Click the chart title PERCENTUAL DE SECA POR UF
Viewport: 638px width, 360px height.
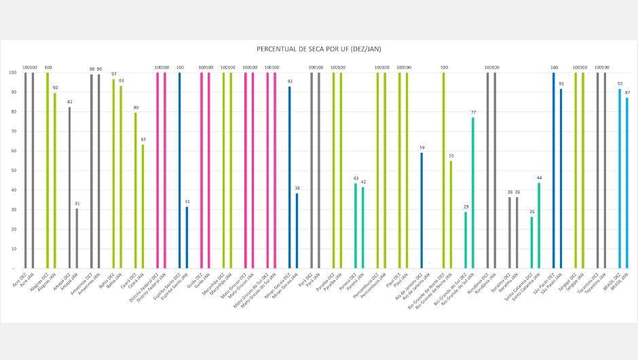(x=318, y=49)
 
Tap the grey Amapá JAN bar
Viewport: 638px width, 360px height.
(x=77, y=238)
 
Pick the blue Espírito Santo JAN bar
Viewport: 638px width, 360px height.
(x=187, y=237)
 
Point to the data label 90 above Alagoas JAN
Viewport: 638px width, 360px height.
(x=55, y=88)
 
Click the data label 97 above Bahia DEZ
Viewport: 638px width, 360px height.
(x=113, y=74)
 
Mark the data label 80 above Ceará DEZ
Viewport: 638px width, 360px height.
(x=135, y=107)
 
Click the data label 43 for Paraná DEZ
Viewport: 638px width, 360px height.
(x=356, y=179)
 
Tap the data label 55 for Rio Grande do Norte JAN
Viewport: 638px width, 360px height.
(x=451, y=156)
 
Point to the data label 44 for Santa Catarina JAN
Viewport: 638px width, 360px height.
(x=539, y=177)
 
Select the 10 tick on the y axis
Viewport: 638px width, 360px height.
(x=12, y=249)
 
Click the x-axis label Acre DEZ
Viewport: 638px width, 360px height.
(x=20, y=278)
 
